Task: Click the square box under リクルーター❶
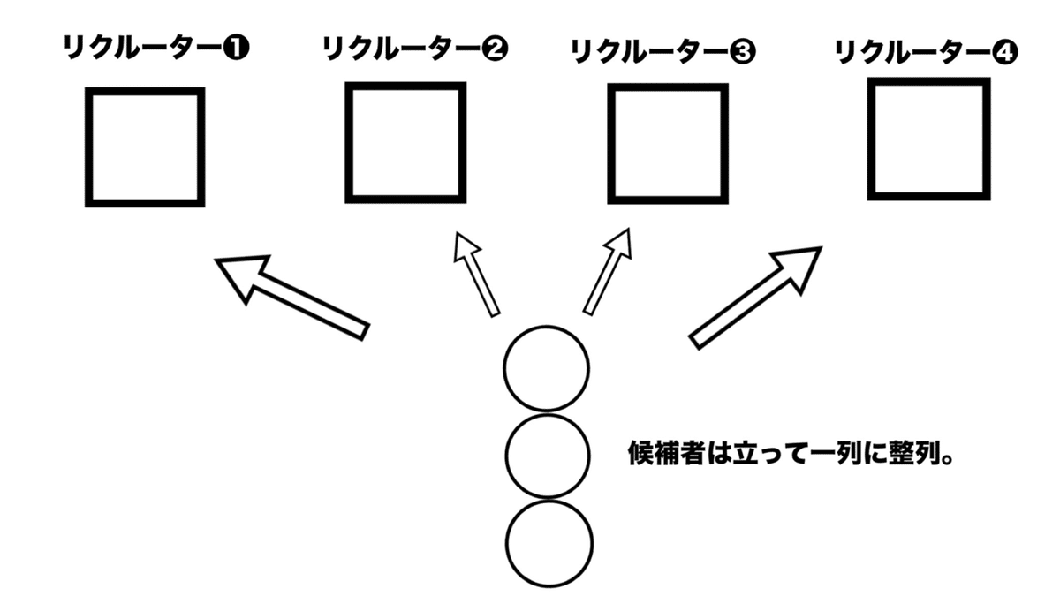point(145,147)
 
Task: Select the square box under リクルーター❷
point(405,143)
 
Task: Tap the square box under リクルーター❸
point(668,144)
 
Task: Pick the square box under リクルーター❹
point(928,140)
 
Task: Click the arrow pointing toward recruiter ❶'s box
point(292,295)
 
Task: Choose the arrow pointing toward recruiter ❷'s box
point(474,273)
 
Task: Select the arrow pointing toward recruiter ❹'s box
point(755,297)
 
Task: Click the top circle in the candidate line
point(546,368)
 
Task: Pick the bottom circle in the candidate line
point(548,543)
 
